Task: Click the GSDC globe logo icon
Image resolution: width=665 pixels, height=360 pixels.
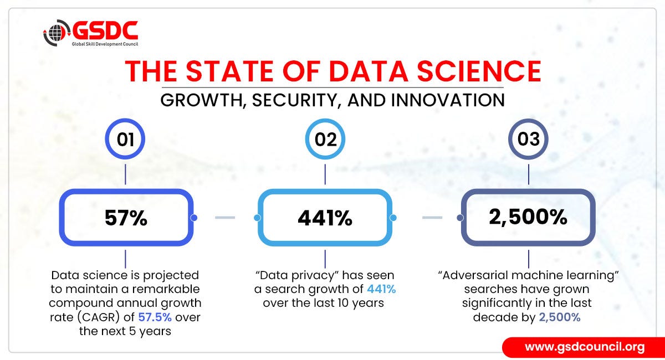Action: pos(57,33)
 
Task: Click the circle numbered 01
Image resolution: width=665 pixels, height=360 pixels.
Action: pos(125,140)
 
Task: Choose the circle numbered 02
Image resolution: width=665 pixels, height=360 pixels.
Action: pos(325,140)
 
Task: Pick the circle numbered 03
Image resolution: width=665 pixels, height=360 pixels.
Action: pos(528,140)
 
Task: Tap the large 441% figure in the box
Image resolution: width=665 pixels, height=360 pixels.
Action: pos(325,218)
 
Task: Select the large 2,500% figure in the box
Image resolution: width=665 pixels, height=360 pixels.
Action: pos(528,217)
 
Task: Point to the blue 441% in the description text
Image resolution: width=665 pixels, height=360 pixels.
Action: pos(381,289)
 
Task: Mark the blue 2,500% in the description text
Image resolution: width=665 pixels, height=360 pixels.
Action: pos(559,317)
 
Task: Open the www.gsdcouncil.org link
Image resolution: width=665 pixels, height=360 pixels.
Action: pos(585,347)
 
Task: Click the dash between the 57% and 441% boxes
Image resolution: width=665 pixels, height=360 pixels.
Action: pos(224,218)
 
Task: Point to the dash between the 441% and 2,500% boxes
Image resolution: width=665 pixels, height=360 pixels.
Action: pos(432,218)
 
